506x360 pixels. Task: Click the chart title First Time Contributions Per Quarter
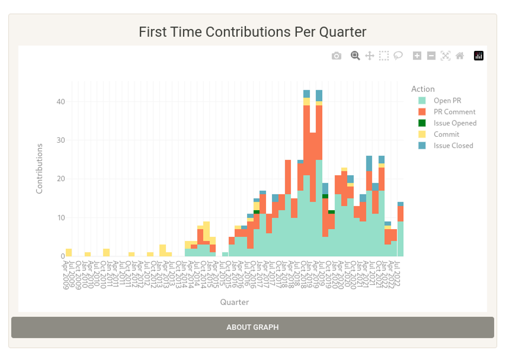pos(252,32)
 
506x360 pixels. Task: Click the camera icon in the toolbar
pos(336,56)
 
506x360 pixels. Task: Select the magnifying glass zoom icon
pos(355,55)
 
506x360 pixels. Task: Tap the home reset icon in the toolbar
pos(460,56)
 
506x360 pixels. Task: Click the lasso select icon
pos(398,55)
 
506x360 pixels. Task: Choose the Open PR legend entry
pos(447,101)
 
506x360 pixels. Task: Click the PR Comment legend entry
pos(454,112)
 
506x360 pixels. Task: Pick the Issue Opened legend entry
pos(455,123)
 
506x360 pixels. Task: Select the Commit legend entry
pos(446,134)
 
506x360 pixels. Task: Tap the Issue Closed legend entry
pos(453,145)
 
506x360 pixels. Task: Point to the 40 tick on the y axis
pos(61,102)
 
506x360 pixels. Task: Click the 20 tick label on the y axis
pos(61,179)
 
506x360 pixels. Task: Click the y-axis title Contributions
pos(39,169)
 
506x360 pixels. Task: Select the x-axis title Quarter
pos(234,302)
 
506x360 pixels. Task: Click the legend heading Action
pos(423,89)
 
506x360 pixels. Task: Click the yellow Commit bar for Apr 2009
pos(69,252)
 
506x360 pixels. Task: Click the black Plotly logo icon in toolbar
pos(478,56)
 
